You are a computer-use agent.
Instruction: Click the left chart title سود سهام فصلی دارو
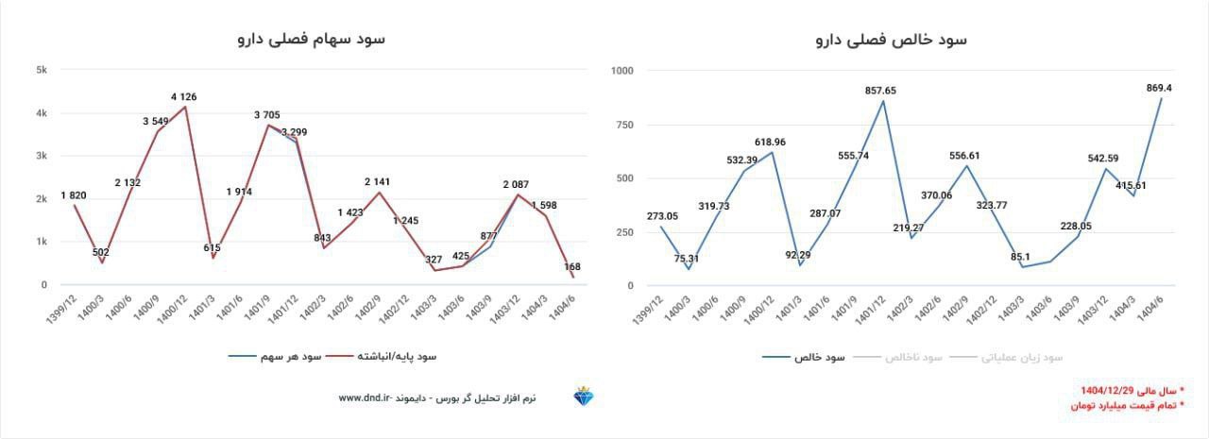pyautogui.click(x=311, y=39)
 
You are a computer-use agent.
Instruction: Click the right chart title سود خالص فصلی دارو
pyautogui.click(x=892, y=40)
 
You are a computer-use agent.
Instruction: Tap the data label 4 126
pyautogui.click(x=183, y=96)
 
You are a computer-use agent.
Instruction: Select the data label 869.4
pyautogui.click(x=1158, y=88)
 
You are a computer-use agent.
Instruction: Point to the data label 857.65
pyautogui.click(x=880, y=91)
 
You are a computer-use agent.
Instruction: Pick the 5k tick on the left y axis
pyautogui.click(x=42, y=70)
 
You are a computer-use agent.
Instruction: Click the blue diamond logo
pyautogui.click(x=584, y=397)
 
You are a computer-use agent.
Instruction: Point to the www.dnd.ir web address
pyautogui.click(x=364, y=398)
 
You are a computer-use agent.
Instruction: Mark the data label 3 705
pyautogui.click(x=266, y=115)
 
